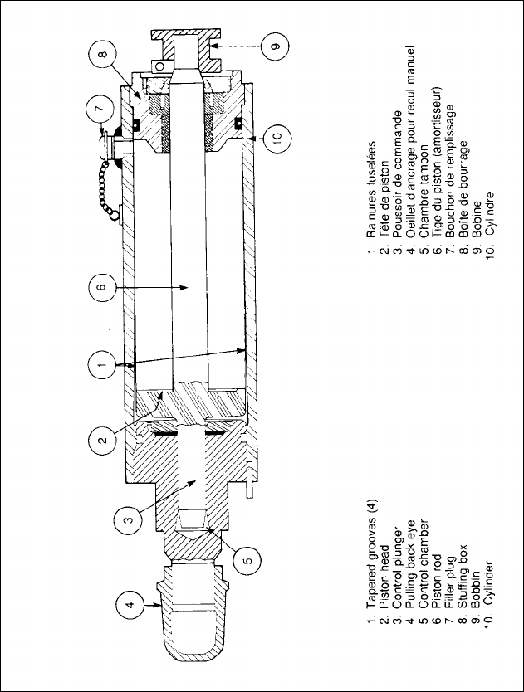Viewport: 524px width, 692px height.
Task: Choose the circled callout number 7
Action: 99,109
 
